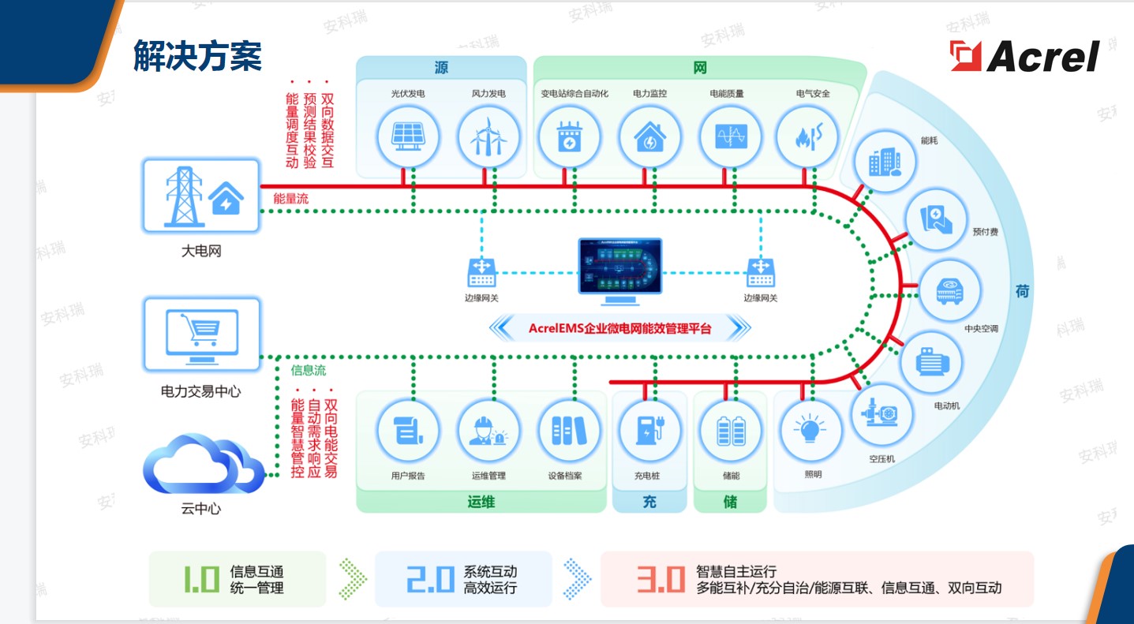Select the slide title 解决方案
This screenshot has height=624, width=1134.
tap(197, 57)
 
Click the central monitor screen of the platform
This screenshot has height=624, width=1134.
tap(619, 268)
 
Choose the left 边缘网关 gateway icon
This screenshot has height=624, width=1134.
tap(481, 273)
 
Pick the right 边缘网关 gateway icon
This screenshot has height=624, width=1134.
tap(760, 273)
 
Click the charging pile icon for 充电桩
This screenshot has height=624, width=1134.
tap(648, 431)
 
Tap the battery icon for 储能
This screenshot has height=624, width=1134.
tap(730, 431)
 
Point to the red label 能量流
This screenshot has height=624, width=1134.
tap(290, 199)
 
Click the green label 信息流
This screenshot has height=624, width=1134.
tap(308, 370)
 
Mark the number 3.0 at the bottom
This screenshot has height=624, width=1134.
tap(660, 580)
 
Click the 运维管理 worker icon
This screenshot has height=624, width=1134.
tap(488, 431)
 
